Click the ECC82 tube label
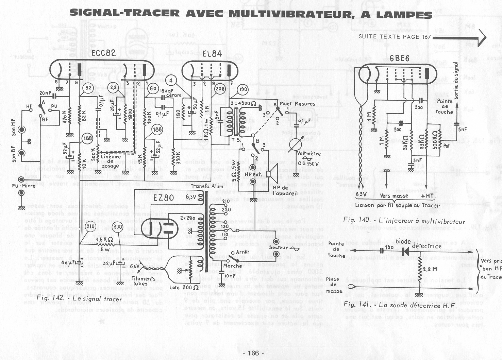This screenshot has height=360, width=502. pyautogui.click(x=103, y=53)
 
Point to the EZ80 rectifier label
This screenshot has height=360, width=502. pyautogui.click(x=164, y=198)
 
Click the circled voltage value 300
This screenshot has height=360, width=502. pyautogui.click(x=118, y=227)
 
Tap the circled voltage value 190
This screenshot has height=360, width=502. pyautogui.click(x=243, y=90)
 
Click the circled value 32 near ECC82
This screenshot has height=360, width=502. pyautogui.click(x=88, y=88)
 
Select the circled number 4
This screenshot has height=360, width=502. pyautogui.click(x=172, y=81)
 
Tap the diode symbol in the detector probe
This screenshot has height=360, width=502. pyautogui.click(x=406, y=251)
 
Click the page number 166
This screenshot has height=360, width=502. pyautogui.click(x=253, y=353)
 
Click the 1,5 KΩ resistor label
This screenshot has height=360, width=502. pyautogui.click(x=104, y=239)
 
